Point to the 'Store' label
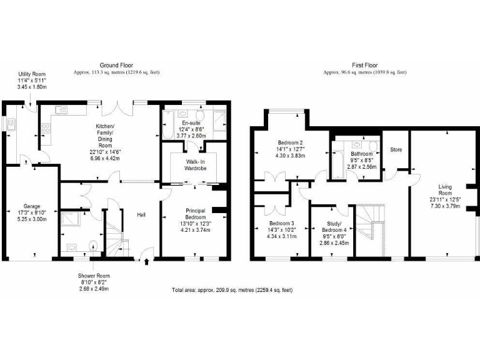(396, 150)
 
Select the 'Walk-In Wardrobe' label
(191, 164)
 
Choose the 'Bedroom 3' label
(279, 224)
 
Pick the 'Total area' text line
(232, 290)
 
